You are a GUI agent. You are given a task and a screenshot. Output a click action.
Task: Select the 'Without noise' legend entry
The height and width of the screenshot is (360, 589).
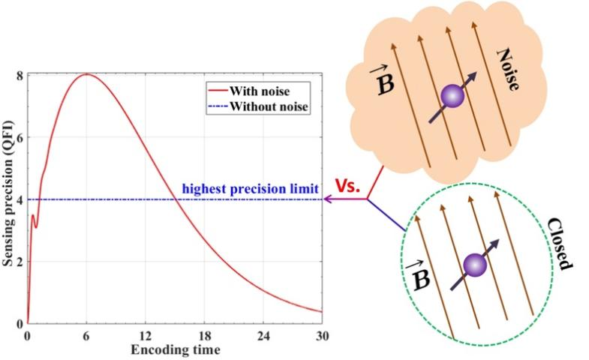[265, 106]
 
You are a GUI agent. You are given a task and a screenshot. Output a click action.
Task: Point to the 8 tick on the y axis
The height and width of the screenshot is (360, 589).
[19, 75]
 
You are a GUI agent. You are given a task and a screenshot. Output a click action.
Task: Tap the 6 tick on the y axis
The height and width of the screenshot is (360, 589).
[19, 137]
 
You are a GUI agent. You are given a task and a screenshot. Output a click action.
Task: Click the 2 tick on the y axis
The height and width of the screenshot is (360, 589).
[19, 262]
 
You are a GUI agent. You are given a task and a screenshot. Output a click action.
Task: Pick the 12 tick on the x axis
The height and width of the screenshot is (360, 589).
[146, 334]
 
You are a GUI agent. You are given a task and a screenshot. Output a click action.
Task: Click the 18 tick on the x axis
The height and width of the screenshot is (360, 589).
[204, 334]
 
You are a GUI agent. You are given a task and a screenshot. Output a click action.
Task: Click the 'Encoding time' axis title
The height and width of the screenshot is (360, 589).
[175, 348]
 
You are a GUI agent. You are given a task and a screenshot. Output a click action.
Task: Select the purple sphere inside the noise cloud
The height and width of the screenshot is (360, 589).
[452, 97]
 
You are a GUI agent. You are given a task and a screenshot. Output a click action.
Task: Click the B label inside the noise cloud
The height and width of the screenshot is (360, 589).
[384, 80]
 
